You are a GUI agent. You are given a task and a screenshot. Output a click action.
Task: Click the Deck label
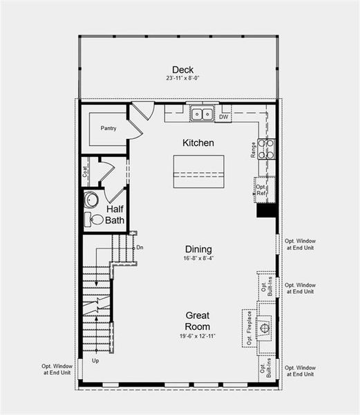point(183,69)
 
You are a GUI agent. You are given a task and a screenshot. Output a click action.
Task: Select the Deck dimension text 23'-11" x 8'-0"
point(183,79)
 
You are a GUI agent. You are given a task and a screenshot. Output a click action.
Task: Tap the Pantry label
point(108,128)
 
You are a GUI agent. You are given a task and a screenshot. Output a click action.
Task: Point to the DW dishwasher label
point(223,117)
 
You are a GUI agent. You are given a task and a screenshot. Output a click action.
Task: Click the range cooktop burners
point(267,149)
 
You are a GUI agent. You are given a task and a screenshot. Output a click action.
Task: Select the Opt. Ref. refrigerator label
point(261,189)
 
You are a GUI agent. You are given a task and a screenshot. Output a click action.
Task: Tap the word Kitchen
point(198,143)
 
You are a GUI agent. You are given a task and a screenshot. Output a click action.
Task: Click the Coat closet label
point(85,171)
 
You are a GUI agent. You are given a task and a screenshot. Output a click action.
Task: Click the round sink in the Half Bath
point(91,201)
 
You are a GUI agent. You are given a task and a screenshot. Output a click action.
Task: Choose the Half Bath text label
point(115,214)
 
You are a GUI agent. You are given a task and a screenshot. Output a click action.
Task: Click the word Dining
point(198,249)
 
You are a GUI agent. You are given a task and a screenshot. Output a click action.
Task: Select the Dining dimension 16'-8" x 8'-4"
point(198,259)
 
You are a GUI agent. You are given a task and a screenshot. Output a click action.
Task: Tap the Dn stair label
point(140,247)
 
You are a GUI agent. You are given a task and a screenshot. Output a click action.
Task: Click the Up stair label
point(95,361)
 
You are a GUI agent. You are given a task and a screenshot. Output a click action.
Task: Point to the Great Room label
point(197,321)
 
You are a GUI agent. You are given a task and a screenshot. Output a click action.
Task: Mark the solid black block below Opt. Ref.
point(267,210)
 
